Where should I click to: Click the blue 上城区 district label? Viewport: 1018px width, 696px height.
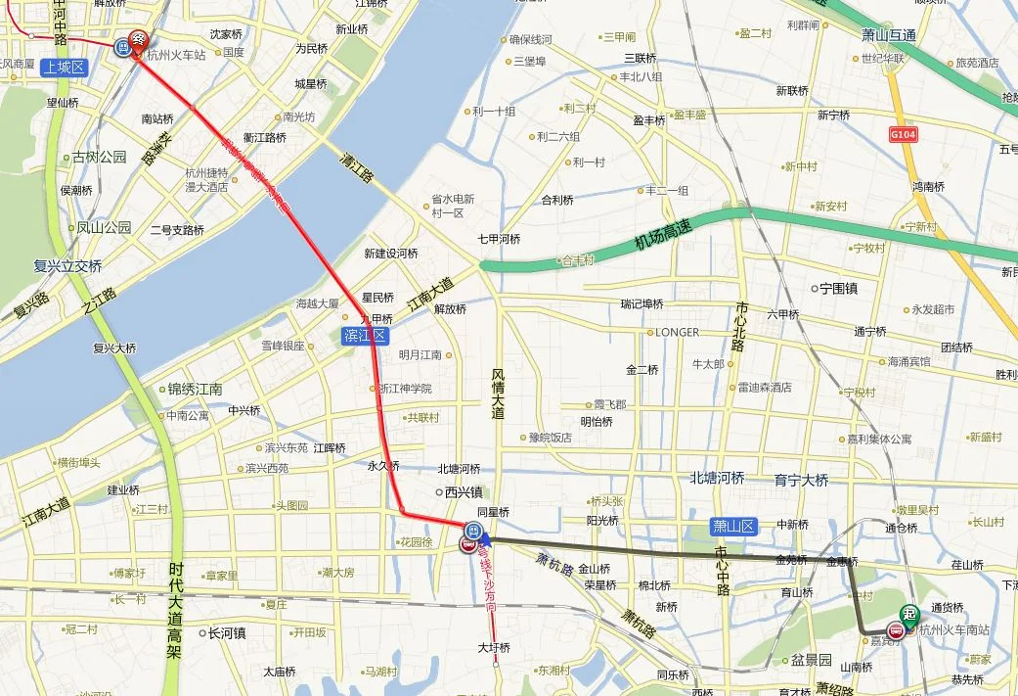(65, 68)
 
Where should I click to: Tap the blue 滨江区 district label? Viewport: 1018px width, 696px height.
(366, 336)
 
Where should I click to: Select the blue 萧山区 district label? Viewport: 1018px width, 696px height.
(734, 527)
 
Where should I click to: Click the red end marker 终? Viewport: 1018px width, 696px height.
(138, 40)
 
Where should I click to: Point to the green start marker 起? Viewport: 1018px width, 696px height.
(910, 614)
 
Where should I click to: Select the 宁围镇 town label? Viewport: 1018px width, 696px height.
(836, 289)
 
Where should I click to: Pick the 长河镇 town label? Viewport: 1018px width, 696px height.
(226, 633)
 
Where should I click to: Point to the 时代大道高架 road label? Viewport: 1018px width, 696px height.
(176, 609)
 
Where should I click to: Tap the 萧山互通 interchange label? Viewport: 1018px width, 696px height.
(889, 36)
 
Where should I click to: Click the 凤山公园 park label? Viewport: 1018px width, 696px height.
(104, 228)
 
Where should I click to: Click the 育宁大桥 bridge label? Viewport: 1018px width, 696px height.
(801, 480)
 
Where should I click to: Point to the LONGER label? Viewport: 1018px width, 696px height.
(677, 332)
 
